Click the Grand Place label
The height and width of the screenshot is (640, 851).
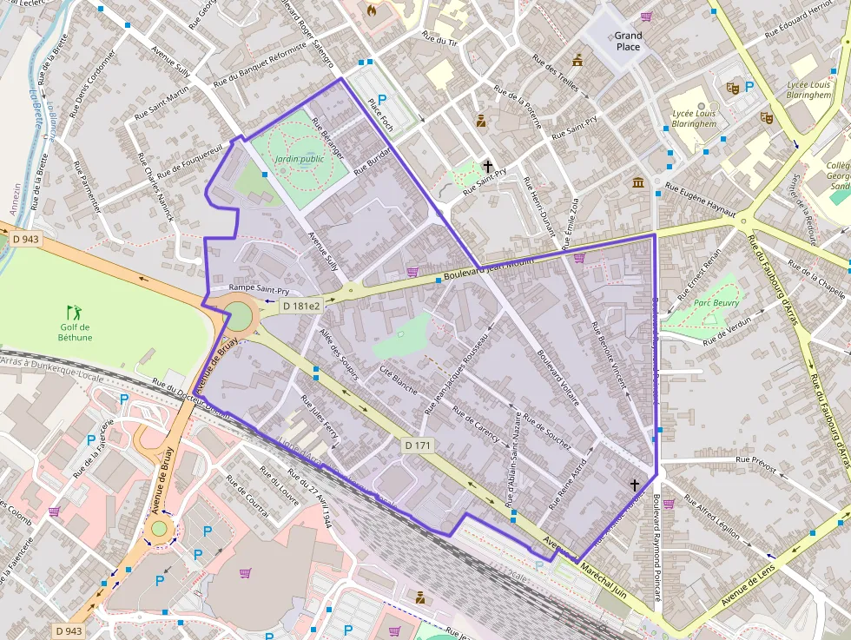coord(628,41)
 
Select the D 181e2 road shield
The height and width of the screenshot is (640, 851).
coord(301,306)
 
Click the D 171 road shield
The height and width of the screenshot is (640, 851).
coord(418,445)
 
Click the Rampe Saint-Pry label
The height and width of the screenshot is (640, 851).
coord(259,289)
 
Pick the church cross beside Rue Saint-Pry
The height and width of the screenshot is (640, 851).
coord(488,166)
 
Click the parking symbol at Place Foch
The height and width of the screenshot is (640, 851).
coord(382,100)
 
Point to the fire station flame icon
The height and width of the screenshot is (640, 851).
coord(373,11)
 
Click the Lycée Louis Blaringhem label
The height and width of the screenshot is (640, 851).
coord(694,118)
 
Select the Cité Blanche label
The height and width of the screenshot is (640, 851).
coord(399,376)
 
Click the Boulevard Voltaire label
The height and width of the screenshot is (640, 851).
coord(558,379)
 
